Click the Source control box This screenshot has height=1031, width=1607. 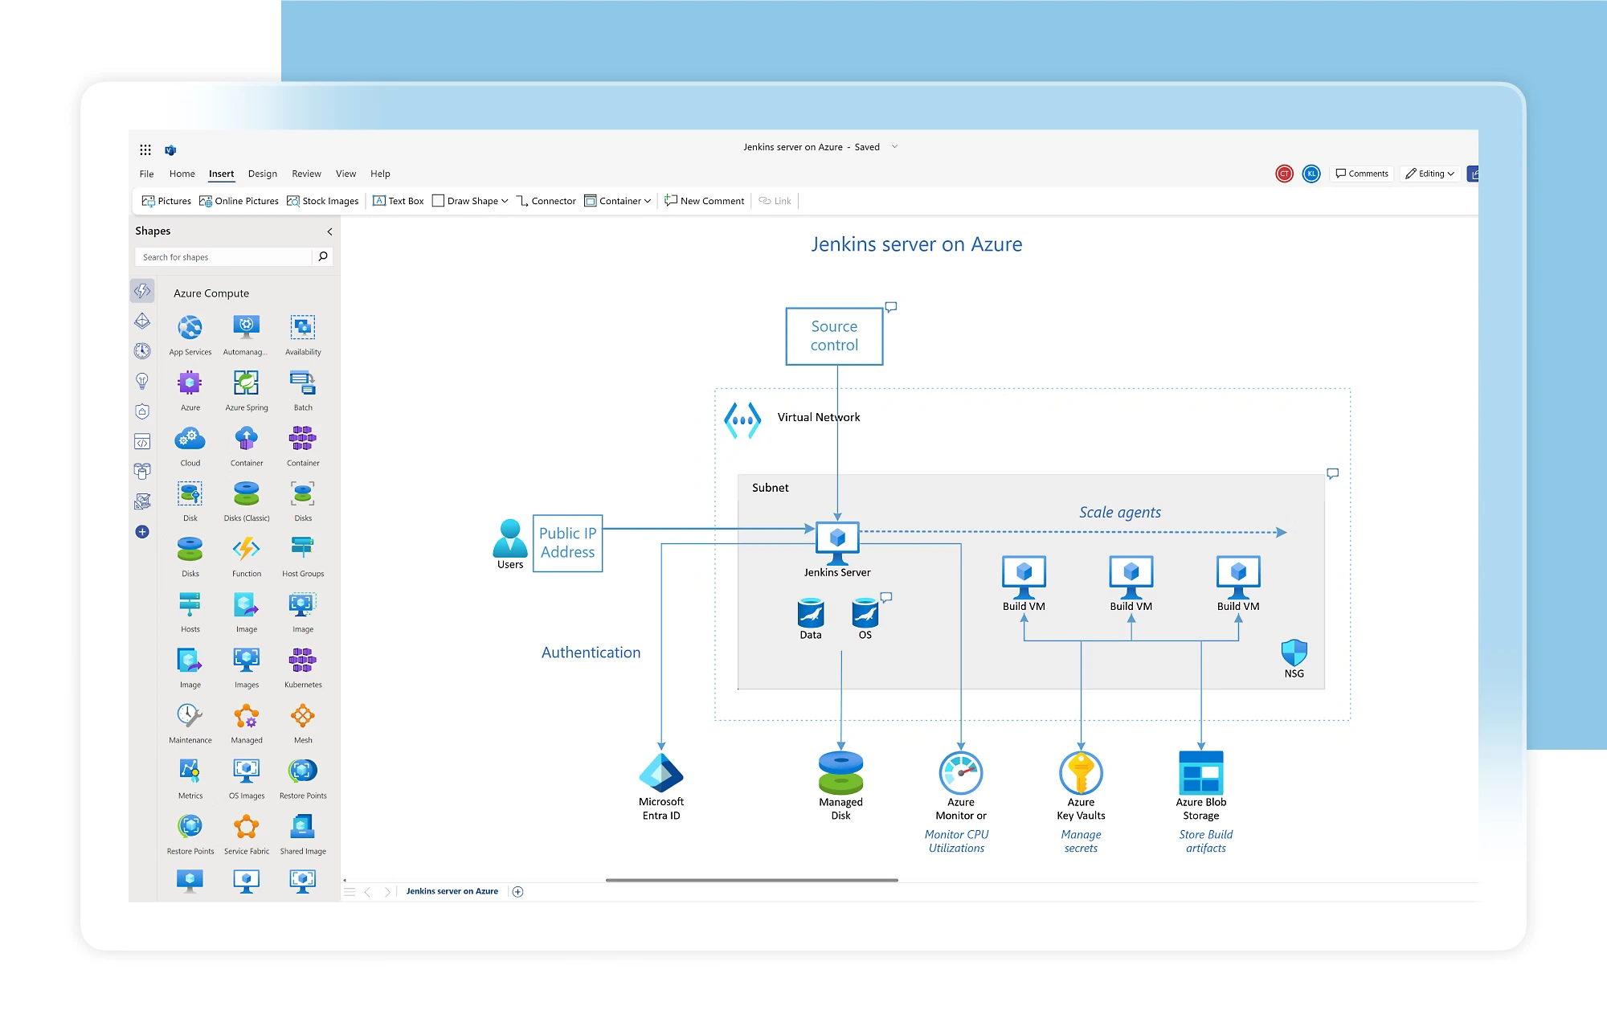point(834,336)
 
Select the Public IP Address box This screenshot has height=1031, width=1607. point(567,543)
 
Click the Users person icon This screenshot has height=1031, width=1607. point(509,538)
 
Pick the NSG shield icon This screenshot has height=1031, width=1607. point(1294,652)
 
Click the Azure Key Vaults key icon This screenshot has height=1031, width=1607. point(1081,772)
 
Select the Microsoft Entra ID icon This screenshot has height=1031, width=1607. point(660,772)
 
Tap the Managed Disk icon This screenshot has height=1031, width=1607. point(840,772)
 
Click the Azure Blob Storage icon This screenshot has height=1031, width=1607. point(1200,772)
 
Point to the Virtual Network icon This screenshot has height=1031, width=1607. point(742,419)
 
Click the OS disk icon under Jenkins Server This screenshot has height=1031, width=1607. point(865,613)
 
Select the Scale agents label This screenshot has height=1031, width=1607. point(1119,512)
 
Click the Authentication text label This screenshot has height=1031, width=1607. point(591,653)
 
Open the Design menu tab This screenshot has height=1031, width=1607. point(262,174)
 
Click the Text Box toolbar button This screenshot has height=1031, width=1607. point(399,201)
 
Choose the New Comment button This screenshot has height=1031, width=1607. point(705,201)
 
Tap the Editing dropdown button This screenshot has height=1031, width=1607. point(1430,174)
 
